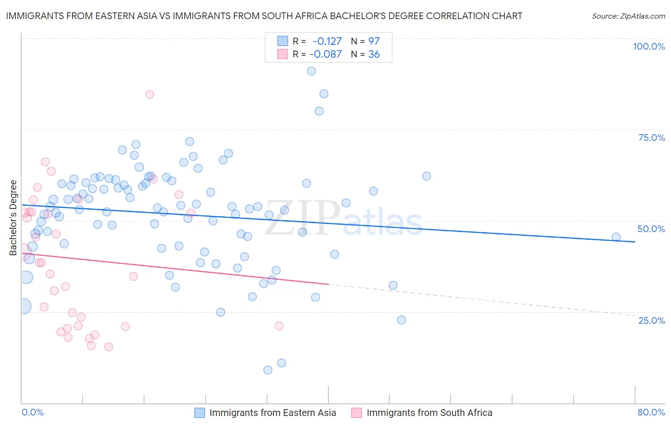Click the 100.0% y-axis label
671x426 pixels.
point(649,46)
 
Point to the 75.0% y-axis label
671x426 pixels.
point(651,138)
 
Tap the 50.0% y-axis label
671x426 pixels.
point(651,229)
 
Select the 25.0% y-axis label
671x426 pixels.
point(651,320)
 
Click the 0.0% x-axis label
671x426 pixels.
point(32,413)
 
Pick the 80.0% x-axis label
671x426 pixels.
point(651,413)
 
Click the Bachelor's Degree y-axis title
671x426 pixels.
point(13,218)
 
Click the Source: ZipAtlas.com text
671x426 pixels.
point(628,16)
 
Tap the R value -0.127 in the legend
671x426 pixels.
point(327,42)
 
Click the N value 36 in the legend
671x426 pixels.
point(374,54)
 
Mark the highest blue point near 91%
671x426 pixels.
point(311,71)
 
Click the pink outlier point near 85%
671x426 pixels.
point(149,95)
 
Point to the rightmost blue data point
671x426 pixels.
point(616,237)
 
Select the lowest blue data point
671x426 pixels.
point(268,370)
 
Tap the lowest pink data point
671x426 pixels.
point(108,347)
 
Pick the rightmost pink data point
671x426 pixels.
point(279,326)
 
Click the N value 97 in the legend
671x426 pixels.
point(374,42)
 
